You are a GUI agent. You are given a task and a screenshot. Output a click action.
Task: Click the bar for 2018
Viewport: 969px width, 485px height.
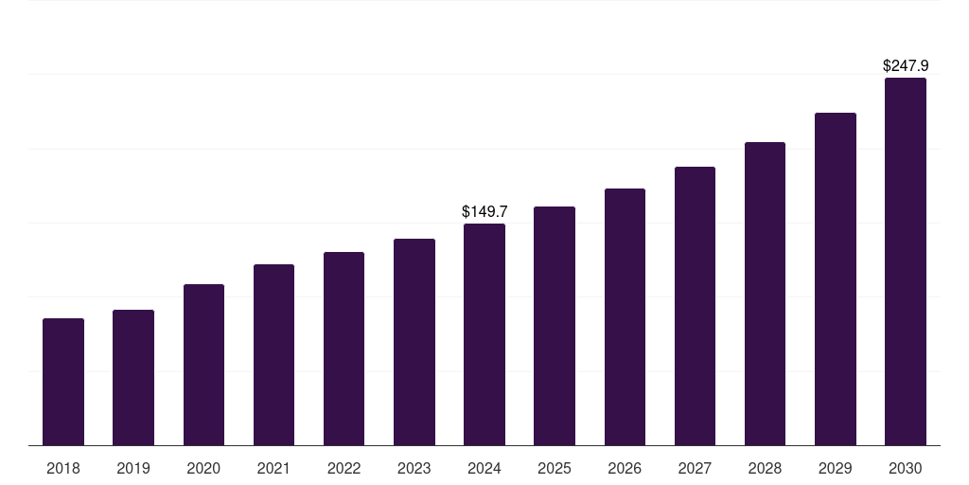click(x=63, y=382)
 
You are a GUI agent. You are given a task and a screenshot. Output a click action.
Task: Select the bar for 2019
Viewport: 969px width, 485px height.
click(x=133, y=377)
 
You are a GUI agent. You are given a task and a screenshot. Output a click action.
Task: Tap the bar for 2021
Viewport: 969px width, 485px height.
click(x=273, y=354)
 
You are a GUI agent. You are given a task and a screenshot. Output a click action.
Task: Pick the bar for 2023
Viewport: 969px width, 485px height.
click(x=414, y=342)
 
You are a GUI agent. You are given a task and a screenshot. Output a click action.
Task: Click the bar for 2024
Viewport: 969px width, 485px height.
click(x=484, y=334)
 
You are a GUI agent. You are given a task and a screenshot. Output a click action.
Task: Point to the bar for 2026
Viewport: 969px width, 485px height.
click(x=625, y=316)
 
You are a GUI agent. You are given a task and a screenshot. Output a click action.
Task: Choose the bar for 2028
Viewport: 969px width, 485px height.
click(x=765, y=294)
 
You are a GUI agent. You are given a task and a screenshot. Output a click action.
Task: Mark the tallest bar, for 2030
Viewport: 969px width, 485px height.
click(x=906, y=261)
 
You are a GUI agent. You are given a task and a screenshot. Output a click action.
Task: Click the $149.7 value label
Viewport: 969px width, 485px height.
click(x=484, y=211)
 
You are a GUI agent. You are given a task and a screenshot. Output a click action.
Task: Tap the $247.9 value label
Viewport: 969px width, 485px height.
click(x=906, y=65)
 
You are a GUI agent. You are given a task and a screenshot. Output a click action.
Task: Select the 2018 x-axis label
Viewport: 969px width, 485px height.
click(x=63, y=468)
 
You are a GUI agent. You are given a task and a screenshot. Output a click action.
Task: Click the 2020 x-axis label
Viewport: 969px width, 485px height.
click(x=203, y=468)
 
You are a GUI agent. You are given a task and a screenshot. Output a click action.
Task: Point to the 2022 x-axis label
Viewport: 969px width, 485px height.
click(x=344, y=468)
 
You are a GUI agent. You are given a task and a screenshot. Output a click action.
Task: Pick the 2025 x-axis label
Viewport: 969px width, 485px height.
click(x=555, y=468)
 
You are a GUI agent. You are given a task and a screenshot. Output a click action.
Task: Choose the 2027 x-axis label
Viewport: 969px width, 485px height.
click(x=695, y=468)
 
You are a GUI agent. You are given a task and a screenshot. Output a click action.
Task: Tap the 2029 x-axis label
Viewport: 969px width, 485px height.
click(x=835, y=468)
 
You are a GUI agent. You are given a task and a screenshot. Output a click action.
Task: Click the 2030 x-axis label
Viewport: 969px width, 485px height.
click(x=906, y=468)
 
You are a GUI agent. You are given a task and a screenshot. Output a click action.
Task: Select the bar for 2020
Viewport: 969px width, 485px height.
click(x=203, y=365)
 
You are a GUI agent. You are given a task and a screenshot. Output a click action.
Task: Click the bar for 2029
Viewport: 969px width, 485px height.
click(x=835, y=278)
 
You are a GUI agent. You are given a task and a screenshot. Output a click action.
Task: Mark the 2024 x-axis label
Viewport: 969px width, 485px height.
click(x=484, y=468)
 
